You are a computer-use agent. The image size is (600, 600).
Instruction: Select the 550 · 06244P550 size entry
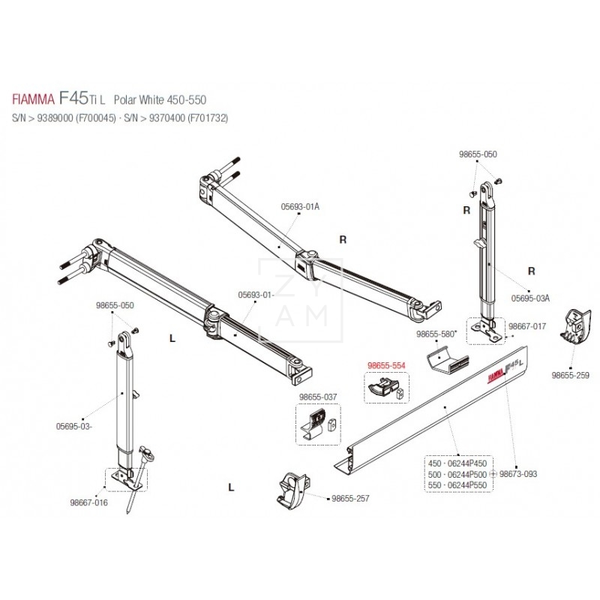pyautogui.click(x=457, y=486)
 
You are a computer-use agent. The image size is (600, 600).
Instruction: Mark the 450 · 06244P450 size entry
pyautogui.click(x=457, y=463)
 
